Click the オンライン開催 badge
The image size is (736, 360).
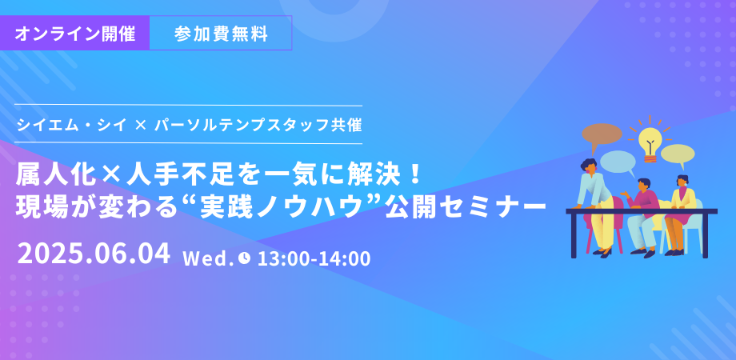[x=74, y=33]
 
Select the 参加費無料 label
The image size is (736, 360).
[x=221, y=33]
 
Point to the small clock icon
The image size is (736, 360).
[x=244, y=258]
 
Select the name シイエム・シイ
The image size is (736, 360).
[x=71, y=125]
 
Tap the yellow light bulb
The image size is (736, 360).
[x=650, y=142]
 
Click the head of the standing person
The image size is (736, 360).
[x=590, y=165]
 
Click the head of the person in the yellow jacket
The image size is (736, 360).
[x=682, y=181]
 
